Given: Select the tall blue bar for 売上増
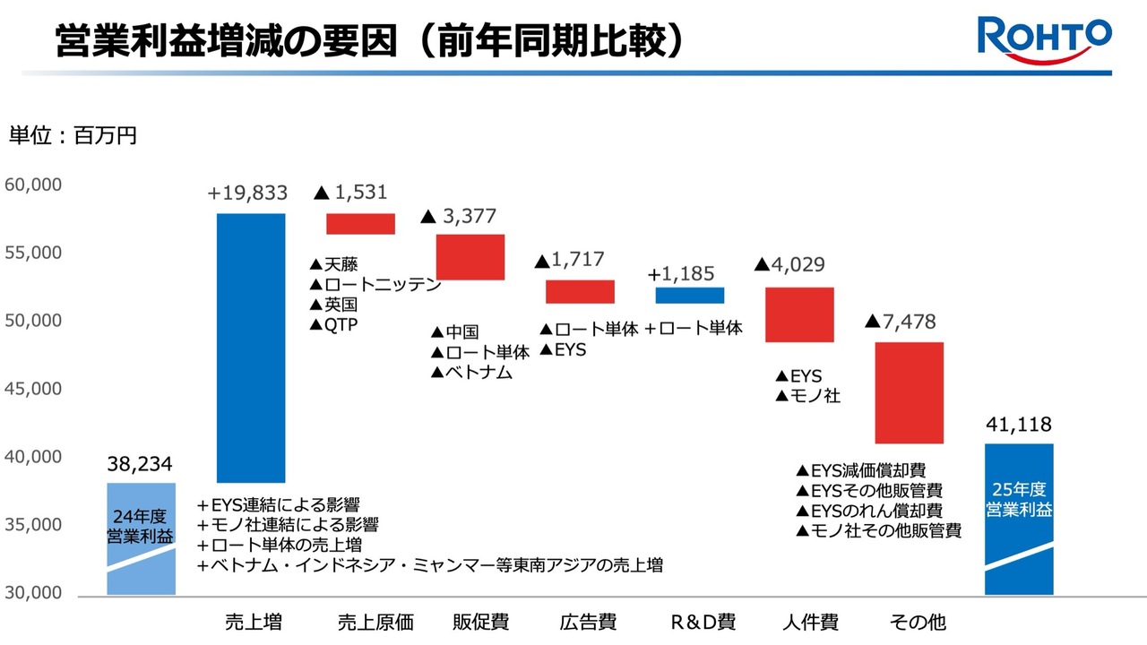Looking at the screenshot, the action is point(251,348).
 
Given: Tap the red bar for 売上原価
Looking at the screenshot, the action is point(360,224).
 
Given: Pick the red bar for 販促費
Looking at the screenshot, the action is point(470,257).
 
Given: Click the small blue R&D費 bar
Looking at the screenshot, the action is point(690,296).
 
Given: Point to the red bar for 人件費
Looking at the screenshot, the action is point(799,314).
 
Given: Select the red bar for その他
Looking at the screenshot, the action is point(909,392).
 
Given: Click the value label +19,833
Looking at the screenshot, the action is point(247,193).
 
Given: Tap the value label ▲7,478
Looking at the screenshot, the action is point(901,322).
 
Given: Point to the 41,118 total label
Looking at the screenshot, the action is point(1019,424).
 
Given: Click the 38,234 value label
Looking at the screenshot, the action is point(140,464).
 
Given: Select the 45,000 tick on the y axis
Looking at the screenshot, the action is point(33,389).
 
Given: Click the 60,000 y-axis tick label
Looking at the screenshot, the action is point(33,185).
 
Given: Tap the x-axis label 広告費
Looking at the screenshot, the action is point(588,622).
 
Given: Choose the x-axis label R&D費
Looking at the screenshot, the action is point(703,622).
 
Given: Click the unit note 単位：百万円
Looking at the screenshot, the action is point(73,135).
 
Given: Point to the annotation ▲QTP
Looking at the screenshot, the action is point(334,324).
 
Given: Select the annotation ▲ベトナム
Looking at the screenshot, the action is point(471,372).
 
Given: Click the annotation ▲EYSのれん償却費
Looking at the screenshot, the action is point(869,511).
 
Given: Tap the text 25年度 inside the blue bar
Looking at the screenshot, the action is point(1019,489).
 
